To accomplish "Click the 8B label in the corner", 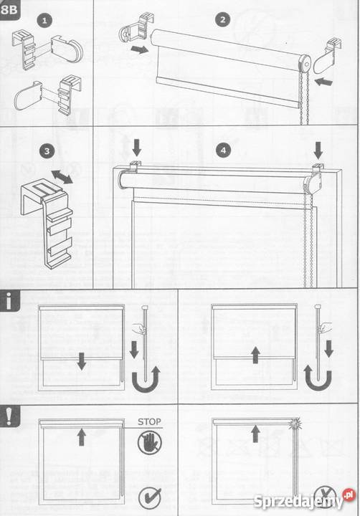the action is pyautogui.click(x=9, y=9).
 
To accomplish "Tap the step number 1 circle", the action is pyautogui.click(x=44, y=21).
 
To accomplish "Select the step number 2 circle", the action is pyautogui.click(x=222, y=20).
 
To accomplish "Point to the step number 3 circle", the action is pyautogui.click(x=47, y=151).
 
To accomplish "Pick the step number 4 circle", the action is pyautogui.click(x=223, y=150).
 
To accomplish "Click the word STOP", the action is pyautogui.click(x=149, y=422).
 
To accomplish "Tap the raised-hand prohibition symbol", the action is pyautogui.click(x=150, y=442).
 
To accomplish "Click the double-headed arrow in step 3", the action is pyautogui.click(x=62, y=177).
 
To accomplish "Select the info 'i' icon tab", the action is pyautogui.click(x=9, y=302).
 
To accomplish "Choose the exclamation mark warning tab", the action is pyautogui.click(x=9, y=416).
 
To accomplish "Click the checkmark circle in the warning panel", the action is pyautogui.click(x=150, y=497).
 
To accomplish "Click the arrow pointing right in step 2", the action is pyautogui.click(x=139, y=49).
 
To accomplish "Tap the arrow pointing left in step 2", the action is pyautogui.click(x=323, y=81).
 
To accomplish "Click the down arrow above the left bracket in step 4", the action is pyautogui.click(x=136, y=148).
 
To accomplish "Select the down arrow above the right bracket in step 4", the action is pyautogui.click(x=318, y=150).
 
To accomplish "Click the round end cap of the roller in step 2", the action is pyautogui.click(x=305, y=62).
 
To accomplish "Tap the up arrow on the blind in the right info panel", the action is pyautogui.click(x=255, y=355).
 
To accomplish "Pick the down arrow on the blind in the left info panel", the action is pyautogui.click(x=81, y=361).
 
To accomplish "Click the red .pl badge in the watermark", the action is pyautogui.click(x=349, y=494).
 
